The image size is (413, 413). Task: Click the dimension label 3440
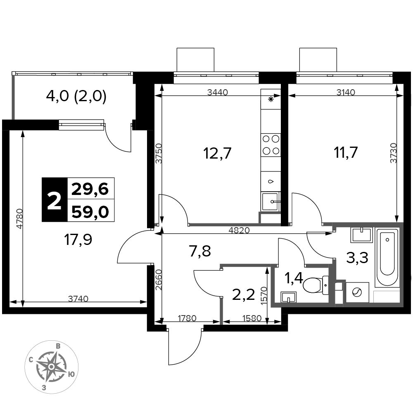click(x=217, y=93)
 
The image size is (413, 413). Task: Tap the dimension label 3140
click(x=346, y=93)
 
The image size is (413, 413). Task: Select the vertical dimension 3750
click(x=159, y=153)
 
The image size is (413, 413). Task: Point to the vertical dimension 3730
click(x=394, y=153)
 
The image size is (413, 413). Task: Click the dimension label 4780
click(x=19, y=218)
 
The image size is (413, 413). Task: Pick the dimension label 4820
click(x=239, y=230)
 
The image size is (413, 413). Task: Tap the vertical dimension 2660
click(x=159, y=279)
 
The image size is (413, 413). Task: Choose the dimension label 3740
click(x=78, y=299)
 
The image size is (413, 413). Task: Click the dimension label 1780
click(x=187, y=318)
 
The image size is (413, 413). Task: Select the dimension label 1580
click(x=252, y=318)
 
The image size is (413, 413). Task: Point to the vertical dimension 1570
click(x=264, y=296)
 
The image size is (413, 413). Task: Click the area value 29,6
click(x=90, y=189)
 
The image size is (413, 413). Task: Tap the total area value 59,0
click(x=90, y=212)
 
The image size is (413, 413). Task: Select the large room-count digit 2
click(x=54, y=201)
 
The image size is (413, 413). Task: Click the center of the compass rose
click(x=51, y=366)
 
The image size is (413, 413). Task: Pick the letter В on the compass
click(x=59, y=346)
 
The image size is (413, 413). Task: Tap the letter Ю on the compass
click(x=71, y=374)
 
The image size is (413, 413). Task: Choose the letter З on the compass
click(x=44, y=387)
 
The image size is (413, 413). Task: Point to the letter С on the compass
click(x=31, y=359)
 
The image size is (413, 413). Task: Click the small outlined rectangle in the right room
click(x=387, y=297)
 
